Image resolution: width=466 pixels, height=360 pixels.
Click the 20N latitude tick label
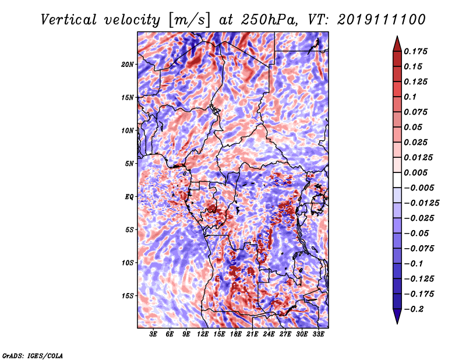pos(127,65)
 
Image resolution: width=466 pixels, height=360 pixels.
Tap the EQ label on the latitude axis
pos(129,197)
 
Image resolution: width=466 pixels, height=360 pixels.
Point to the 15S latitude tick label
pos(127,296)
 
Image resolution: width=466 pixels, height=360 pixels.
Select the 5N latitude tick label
pos(129,164)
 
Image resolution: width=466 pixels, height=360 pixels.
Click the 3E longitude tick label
pos(153,334)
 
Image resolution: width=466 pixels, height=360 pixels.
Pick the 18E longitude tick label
pos(236,334)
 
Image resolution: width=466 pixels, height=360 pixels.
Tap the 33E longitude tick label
pos(318,334)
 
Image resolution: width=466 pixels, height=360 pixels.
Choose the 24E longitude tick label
pos(269,334)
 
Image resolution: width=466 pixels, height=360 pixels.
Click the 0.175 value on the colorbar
pos(415,51)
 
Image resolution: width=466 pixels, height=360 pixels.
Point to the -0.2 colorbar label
pos(414,309)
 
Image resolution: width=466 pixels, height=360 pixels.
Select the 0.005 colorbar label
pos(415,172)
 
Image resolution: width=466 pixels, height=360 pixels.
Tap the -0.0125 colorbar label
pos(421,203)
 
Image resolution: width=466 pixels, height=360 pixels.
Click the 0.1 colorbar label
pos(410,97)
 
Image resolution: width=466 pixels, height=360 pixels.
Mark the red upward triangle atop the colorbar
pos(397,44)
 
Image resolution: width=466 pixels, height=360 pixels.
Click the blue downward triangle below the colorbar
pos(397,316)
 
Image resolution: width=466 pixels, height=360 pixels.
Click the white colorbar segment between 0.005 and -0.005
pos(397,180)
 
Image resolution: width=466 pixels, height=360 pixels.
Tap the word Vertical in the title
pos(69,20)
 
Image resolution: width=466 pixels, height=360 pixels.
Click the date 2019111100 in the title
pos(382,20)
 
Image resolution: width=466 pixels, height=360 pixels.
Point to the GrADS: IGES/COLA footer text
pos(33,355)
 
